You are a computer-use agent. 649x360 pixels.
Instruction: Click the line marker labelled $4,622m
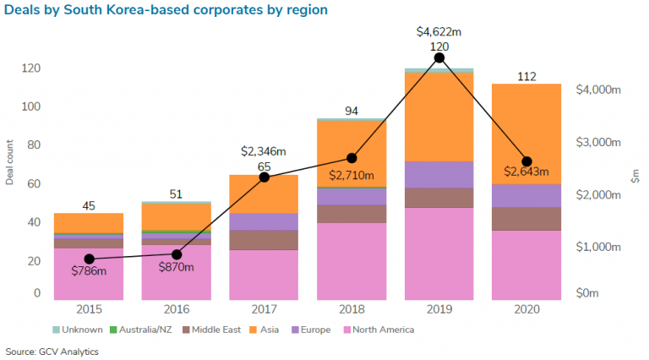(x=439, y=57)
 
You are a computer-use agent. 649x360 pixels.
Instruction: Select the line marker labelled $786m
(x=89, y=259)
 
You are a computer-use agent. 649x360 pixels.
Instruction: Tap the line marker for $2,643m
(x=526, y=161)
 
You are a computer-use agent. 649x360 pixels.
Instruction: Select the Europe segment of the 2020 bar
(x=526, y=195)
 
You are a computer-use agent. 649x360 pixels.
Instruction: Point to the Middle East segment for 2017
(x=265, y=240)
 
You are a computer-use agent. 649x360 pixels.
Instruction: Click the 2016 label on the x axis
(x=177, y=310)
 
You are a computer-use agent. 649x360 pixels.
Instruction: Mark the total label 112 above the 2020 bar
(x=526, y=77)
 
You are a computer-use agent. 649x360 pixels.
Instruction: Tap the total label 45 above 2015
(x=89, y=205)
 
